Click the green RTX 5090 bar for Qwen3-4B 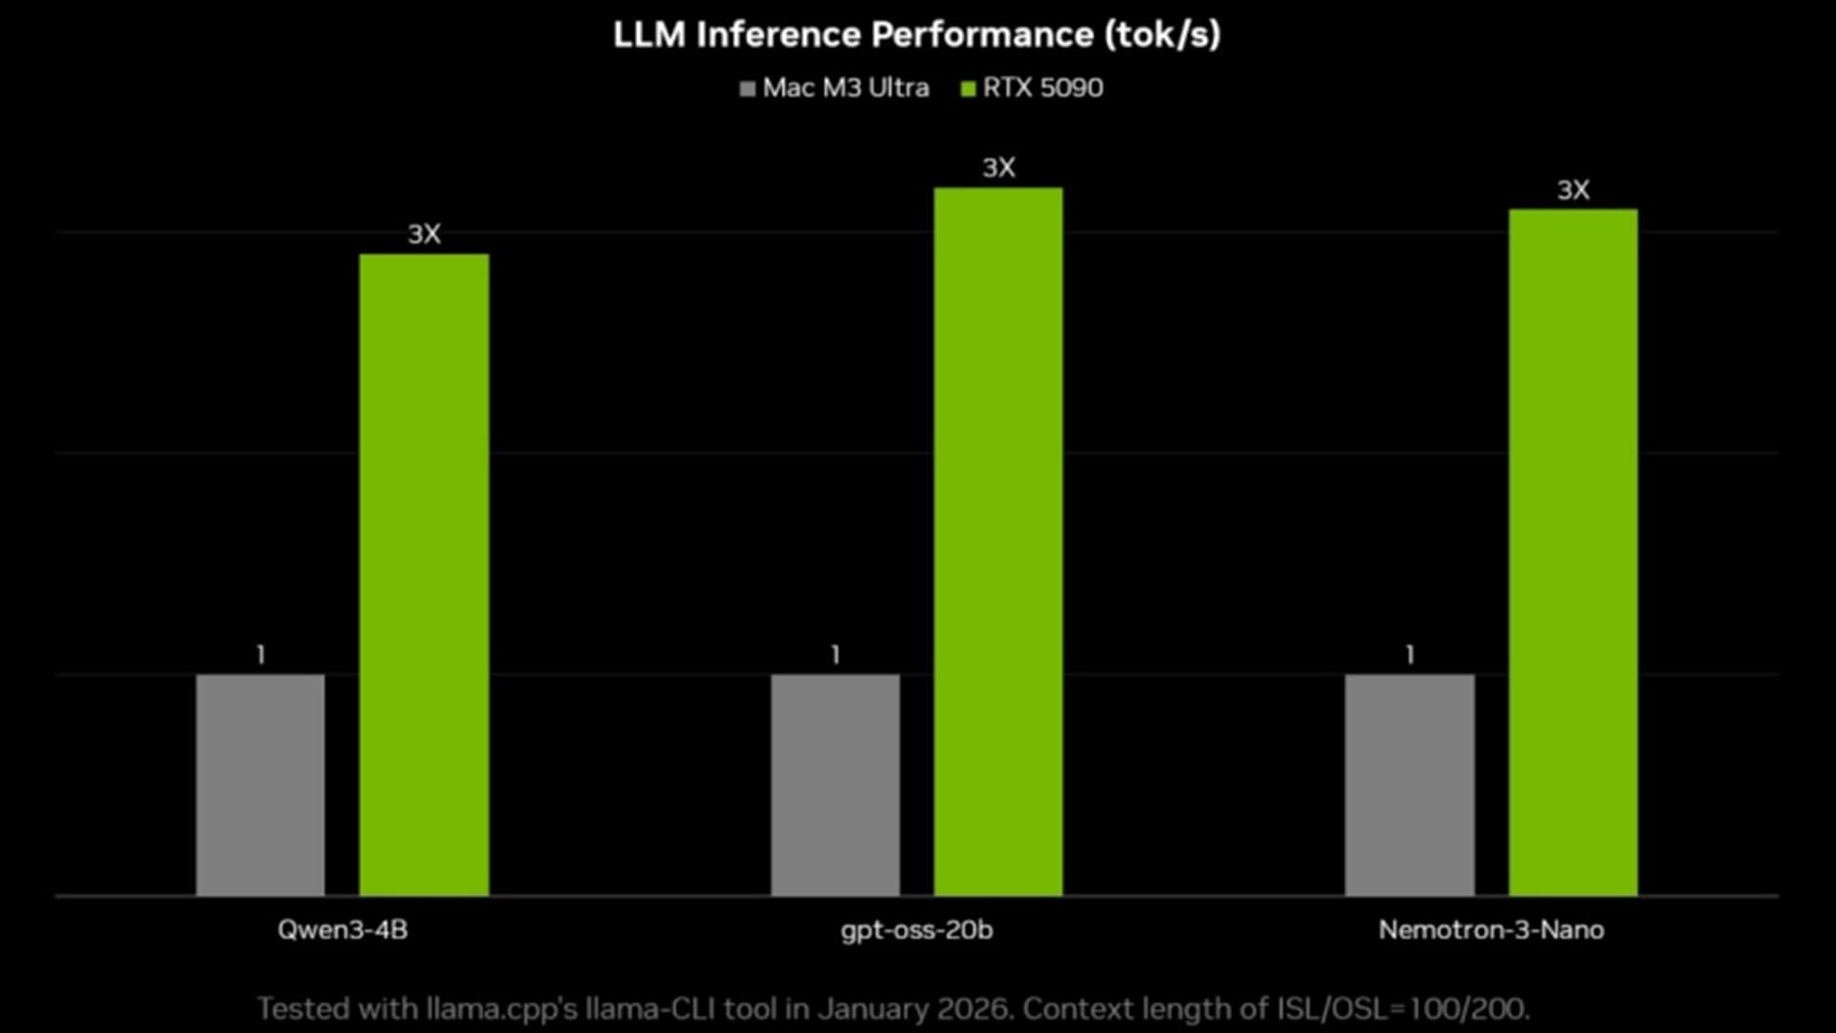tap(424, 574)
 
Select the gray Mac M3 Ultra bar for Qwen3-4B tap(260, 784)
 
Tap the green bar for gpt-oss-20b tap(998, 541)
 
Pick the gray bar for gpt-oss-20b tap(835, 784)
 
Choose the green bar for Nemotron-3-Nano tap(1573, 552)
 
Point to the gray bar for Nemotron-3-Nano tap(1410, 784)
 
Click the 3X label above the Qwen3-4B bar tap(424, 234)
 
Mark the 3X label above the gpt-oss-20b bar tap(998, 168)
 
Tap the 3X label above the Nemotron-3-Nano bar tap(1573, 190)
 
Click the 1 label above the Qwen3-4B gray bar tap(260, 655)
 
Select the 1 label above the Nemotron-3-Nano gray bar tap(1410, 655)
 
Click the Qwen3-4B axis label tap(342, 930)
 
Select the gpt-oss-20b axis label tap(917, 930)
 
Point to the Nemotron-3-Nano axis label tap(1491, 930)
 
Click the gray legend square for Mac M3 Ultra tap(748, 89)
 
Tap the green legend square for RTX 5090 tap(968, 89)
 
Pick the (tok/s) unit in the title tap(1162, 34)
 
